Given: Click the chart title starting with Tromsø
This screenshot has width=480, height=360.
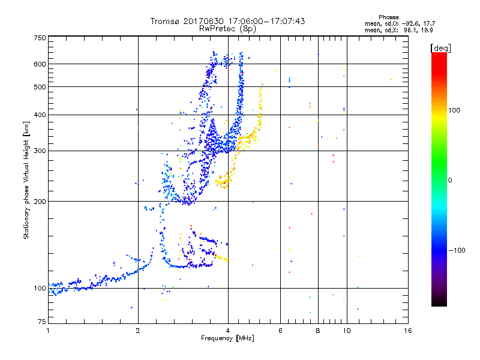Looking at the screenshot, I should tap(227, 21).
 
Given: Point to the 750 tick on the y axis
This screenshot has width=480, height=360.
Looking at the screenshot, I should tap(40, 38).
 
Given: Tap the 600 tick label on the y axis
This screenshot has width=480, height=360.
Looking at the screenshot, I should tap(40, 64).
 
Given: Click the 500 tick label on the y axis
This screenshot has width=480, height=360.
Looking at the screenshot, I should tap(40, 87).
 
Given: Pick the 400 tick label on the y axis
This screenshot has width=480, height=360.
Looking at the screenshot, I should tap(40, 115).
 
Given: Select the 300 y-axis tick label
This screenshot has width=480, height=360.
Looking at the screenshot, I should tap(40, 151).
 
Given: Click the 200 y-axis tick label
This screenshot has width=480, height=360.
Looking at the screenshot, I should tap(40, 201).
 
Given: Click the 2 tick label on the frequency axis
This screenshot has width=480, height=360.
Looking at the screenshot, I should tap(138, 331).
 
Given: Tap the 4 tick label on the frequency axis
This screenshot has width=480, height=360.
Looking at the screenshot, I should tap(228, 331).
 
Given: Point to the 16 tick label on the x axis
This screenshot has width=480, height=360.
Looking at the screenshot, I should tap(407, 331).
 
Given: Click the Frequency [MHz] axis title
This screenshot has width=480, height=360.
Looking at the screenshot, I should tap(227, 338).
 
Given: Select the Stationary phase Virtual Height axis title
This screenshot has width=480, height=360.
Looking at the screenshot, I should tap(26, 179).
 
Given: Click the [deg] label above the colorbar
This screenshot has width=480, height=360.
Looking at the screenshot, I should tap(440, 47).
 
